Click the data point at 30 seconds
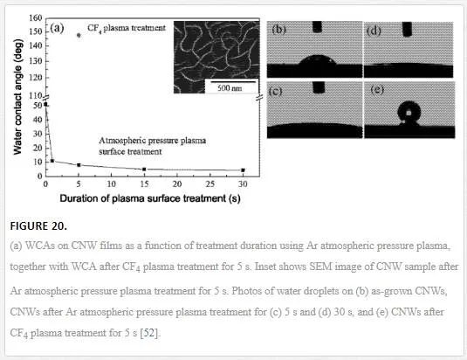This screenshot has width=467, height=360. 243,170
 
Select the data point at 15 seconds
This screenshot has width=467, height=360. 144,170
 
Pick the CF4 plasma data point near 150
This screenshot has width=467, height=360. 79,35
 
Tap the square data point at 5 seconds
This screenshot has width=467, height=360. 79,165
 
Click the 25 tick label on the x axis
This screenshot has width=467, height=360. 210,183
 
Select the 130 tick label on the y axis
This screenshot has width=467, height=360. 36,61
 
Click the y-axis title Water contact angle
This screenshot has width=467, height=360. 17,97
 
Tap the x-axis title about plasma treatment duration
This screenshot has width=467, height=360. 150,198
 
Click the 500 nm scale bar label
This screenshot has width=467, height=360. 230,88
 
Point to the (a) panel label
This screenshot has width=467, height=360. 57,28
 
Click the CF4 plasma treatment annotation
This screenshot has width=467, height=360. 127,28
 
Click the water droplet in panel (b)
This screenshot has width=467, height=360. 318,60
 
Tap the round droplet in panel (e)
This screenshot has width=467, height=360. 409,114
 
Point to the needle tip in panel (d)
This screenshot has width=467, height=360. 407,36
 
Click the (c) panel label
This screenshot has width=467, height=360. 275,91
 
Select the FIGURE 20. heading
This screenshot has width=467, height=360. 38,226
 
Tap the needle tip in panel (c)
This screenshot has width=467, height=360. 319,92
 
